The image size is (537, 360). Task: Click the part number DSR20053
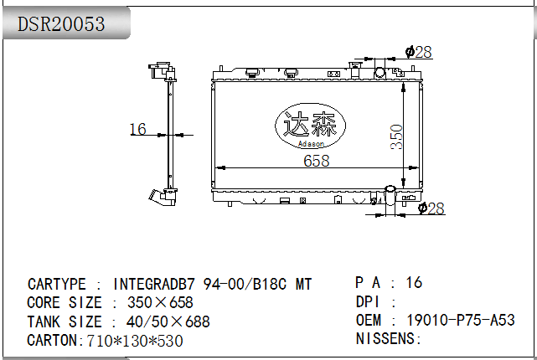[61, 24]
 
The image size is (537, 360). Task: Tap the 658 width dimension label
[317, 161]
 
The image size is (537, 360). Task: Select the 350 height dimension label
[396, 136]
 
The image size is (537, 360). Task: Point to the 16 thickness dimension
[137, 130]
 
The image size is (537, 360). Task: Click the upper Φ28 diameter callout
[419, 52]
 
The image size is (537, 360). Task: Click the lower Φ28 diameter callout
[431, 208]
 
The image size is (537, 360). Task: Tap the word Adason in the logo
[311, 144]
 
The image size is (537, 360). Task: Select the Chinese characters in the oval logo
[310, 125]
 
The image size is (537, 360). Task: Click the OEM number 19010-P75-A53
[461, 320]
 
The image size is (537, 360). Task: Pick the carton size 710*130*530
[135, 341]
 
